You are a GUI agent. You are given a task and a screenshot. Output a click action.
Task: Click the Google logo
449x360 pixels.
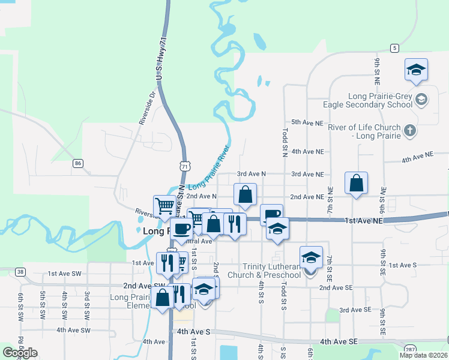20,353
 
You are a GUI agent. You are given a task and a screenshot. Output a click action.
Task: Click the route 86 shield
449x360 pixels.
77,163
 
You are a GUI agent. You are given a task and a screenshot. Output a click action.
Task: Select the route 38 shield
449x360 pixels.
21,272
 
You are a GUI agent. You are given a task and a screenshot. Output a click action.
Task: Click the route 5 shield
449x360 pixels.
394,47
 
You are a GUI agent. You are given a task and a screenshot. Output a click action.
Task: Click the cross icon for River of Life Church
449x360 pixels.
410,131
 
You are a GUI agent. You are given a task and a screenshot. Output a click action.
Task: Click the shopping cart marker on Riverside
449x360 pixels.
164,206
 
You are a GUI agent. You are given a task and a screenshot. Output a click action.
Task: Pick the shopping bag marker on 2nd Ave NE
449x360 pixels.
357,183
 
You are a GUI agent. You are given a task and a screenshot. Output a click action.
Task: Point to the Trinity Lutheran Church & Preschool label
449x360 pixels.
272,271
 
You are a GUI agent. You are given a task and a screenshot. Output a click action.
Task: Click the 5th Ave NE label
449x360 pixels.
307,122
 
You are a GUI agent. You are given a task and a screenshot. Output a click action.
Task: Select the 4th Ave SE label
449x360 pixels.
339,341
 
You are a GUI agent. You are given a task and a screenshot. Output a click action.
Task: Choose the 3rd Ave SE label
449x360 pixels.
355,310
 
